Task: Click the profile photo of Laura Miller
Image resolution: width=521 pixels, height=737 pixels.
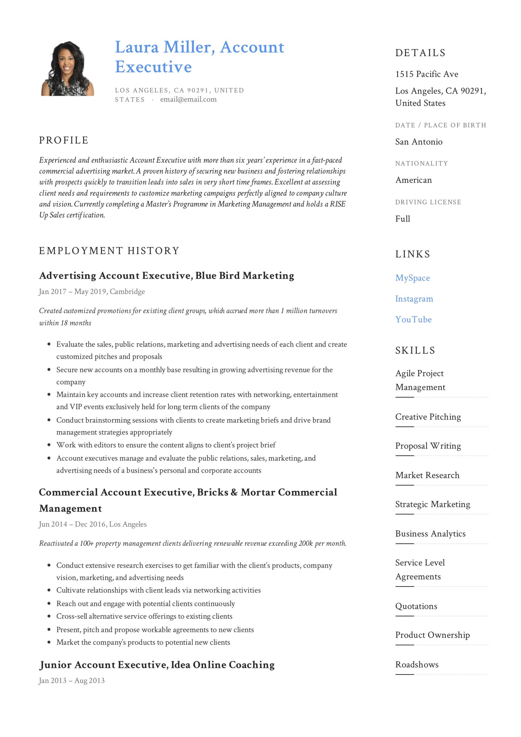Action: click(x=67, y=68)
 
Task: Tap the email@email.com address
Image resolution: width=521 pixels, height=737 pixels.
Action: click(x=188, y=100)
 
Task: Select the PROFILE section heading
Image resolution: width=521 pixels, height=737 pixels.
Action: click(x=64, y=140)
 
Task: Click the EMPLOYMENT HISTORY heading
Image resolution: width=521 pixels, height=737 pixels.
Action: click(x=109, y=251)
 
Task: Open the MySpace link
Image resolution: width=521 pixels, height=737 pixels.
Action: click(x=412, y=278)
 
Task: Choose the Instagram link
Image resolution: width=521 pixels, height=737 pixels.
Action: click(x=414, y=299)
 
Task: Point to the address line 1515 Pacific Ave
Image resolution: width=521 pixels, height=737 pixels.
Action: click(x=427, y=74)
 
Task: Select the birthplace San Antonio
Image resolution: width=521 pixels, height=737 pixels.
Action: click(x=418, y=142)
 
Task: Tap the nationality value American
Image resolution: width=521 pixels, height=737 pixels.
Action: click(x=413, y=180)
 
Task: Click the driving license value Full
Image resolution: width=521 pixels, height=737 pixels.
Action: click(x=402, y=219)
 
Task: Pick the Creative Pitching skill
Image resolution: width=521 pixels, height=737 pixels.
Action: click(x=428, y=417)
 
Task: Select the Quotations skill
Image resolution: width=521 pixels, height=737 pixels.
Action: click(x=416, y=606)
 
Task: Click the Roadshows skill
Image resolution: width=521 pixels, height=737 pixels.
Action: click(x=417, y=665)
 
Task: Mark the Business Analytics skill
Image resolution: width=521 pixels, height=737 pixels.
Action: click(x=430, y=534)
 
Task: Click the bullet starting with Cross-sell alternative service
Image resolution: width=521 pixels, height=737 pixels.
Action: click(x=144, y=616)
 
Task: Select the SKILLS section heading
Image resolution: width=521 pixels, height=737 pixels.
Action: click(x=415, y=351)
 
